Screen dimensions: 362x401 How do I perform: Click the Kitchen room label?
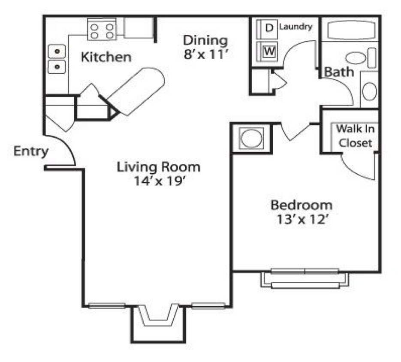pyautogui.click(x=106, y=57)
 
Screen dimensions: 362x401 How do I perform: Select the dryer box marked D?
pyautogui.click(x=269, y=28)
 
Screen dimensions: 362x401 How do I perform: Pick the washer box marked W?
pyautogui.click(x=269, y=51)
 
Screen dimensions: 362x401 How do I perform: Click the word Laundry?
pyautogui.click(x=295, y=27)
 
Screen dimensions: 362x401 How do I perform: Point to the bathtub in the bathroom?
pyautogui.click(x=350, y=31)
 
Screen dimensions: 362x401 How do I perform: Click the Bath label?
pyautogui.click(x=339, y=72)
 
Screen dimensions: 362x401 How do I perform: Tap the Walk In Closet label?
pyautogui.click(x=354, y=136)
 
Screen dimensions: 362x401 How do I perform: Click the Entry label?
pyautogui.click(x=31, y=151)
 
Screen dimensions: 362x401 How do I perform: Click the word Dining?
pyautogui.click(x=205, y=40)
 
